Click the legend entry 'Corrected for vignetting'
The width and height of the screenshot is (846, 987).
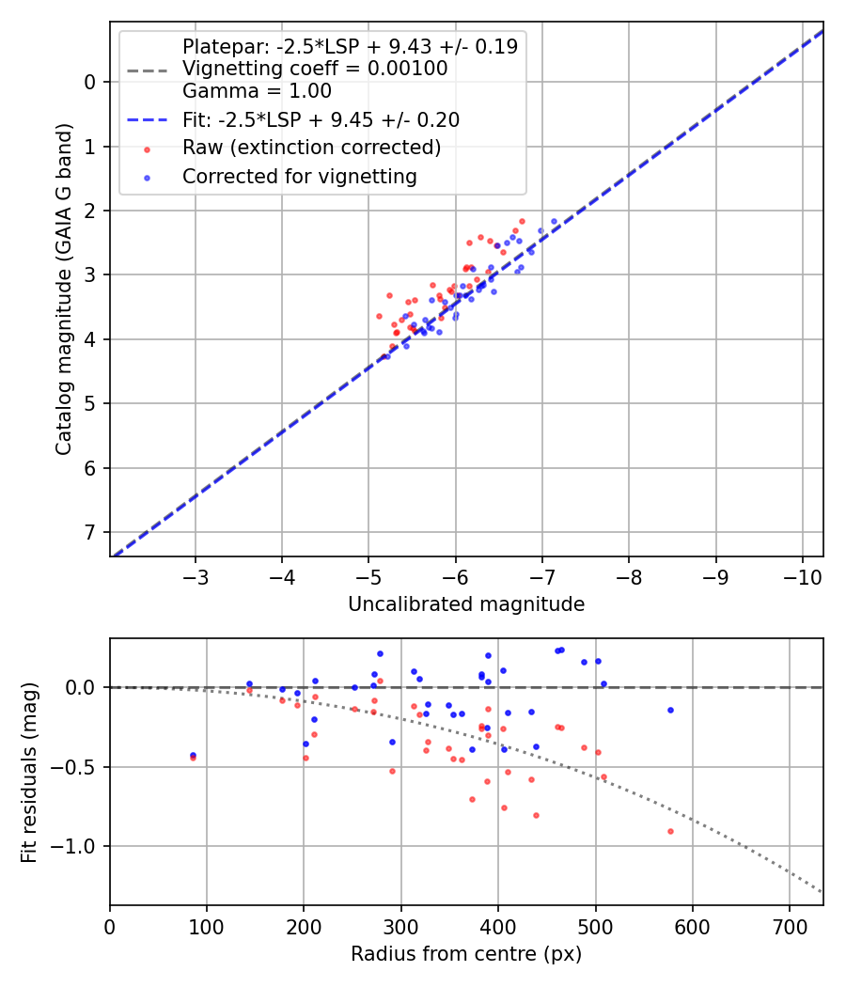[299, 176]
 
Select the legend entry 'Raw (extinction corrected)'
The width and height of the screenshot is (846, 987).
[311, 148]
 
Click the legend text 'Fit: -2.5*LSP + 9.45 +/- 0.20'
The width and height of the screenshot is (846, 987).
[321, 119]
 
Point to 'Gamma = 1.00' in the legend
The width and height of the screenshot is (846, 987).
[257, 91]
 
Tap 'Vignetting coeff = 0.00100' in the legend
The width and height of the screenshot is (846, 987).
[315, 69]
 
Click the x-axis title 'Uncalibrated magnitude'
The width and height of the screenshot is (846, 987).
[466, 604]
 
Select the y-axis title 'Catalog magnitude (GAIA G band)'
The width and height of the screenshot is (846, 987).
[64, 289]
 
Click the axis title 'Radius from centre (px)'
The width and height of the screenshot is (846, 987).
[466, 954]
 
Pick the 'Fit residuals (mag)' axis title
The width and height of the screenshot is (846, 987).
[29, 772]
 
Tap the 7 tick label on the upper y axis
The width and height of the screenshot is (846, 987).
[90, 533]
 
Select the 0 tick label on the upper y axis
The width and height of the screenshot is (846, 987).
[90, 82]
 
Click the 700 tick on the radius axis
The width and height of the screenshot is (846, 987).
[790, 926]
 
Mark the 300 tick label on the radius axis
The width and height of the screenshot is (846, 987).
[401, 926]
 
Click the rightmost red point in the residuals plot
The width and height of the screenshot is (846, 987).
[670, 831]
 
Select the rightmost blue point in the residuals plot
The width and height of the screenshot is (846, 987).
[670, 710]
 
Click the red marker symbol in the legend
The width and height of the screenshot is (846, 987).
[146, 149]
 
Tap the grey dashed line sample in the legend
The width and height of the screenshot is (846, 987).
[146, 70]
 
